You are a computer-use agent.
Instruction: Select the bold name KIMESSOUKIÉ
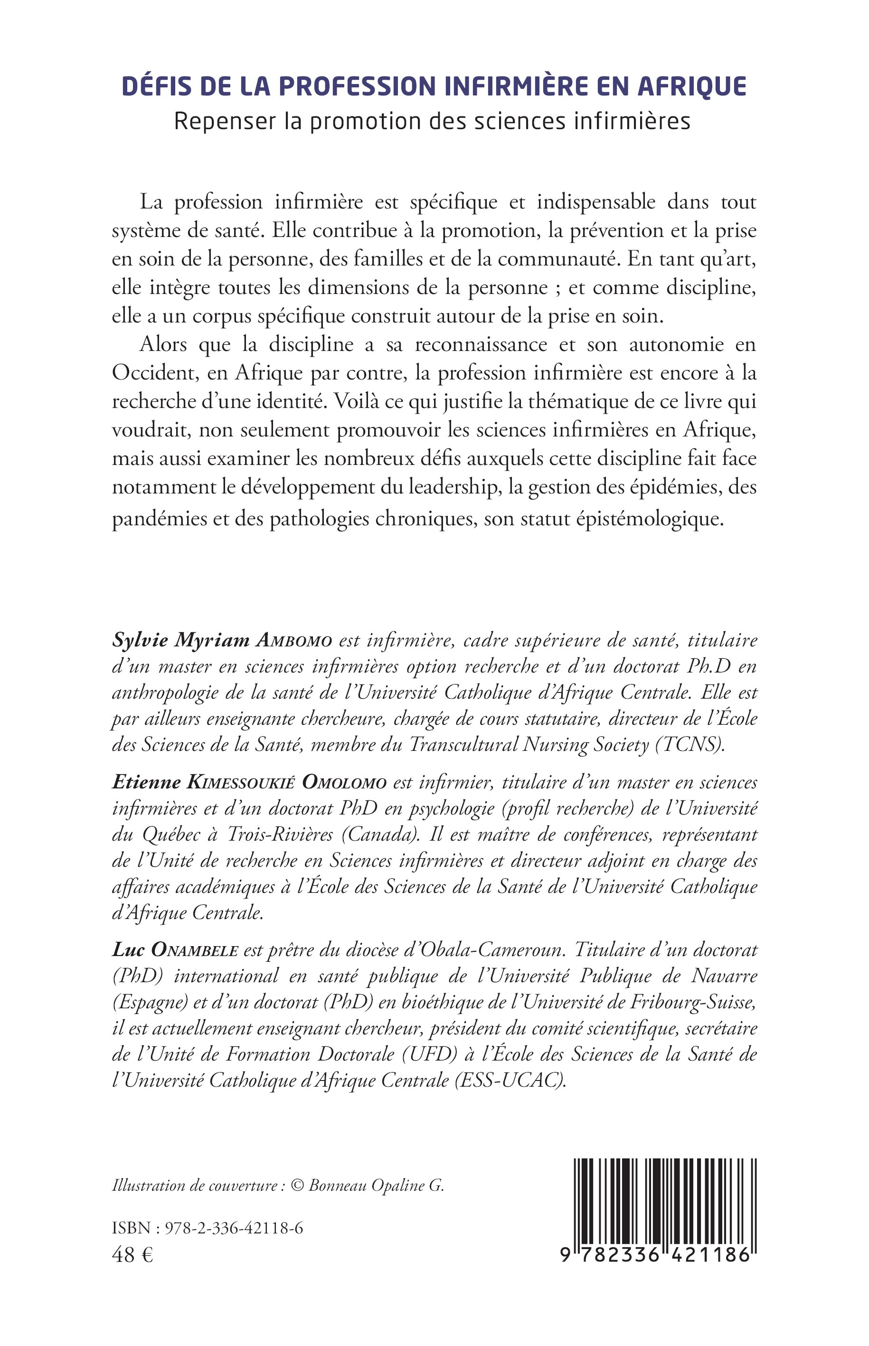coord(242,783)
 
